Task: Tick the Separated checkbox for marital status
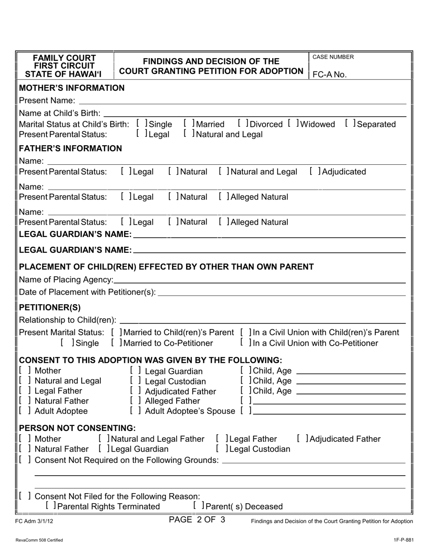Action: (x=349, y=124)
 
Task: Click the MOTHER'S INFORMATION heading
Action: (x=72, y=88)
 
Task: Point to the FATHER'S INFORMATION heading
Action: (x=70, y=148)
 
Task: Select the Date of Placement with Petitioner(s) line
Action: (x=282, y=292)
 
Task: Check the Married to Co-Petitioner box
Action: (x=115, y=343)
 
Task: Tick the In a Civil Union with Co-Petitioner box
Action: (x=244, y=343)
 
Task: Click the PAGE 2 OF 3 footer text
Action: (x=197, y=519)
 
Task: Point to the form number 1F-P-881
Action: (x=403, y=540)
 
